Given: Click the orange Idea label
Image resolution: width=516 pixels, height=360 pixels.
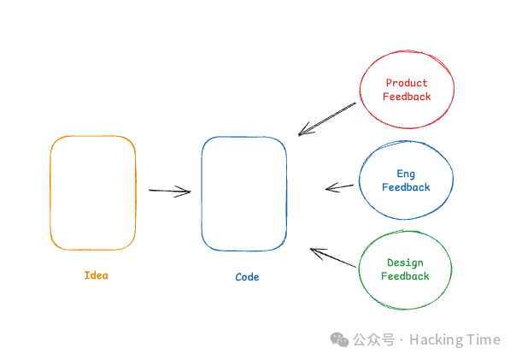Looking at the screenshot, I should tap(97, 275).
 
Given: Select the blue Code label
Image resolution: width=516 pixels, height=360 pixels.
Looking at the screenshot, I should tap(247, 277).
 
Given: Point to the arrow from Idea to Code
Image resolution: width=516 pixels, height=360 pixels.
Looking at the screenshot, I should tap(169, 191).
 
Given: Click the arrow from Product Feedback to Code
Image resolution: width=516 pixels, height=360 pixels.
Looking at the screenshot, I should tap(327, 119).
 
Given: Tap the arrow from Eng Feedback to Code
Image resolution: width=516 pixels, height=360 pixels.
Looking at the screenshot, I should tap(339, 186).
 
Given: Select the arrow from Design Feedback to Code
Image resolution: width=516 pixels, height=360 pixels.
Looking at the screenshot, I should tap(332, 257).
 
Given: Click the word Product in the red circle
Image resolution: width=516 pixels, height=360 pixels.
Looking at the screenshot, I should tap(407, 84).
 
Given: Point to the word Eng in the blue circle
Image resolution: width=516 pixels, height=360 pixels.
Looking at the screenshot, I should tap(406, 174).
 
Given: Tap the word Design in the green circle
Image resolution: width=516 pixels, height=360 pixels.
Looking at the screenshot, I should tap(405, 263).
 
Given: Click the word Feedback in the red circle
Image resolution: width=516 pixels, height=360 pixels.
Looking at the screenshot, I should tap(407, 97).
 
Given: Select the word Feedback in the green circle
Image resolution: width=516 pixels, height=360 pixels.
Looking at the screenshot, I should tap(405, 276).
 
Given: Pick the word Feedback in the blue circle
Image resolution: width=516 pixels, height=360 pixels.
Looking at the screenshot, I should tap(406, 187).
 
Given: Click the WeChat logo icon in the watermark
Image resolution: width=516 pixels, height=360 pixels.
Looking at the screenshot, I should tap(339, 339).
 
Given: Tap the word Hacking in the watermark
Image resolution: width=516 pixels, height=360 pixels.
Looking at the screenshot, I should tap(437, 339).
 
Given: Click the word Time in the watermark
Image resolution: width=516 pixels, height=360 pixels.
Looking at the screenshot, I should tap(484, 339).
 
